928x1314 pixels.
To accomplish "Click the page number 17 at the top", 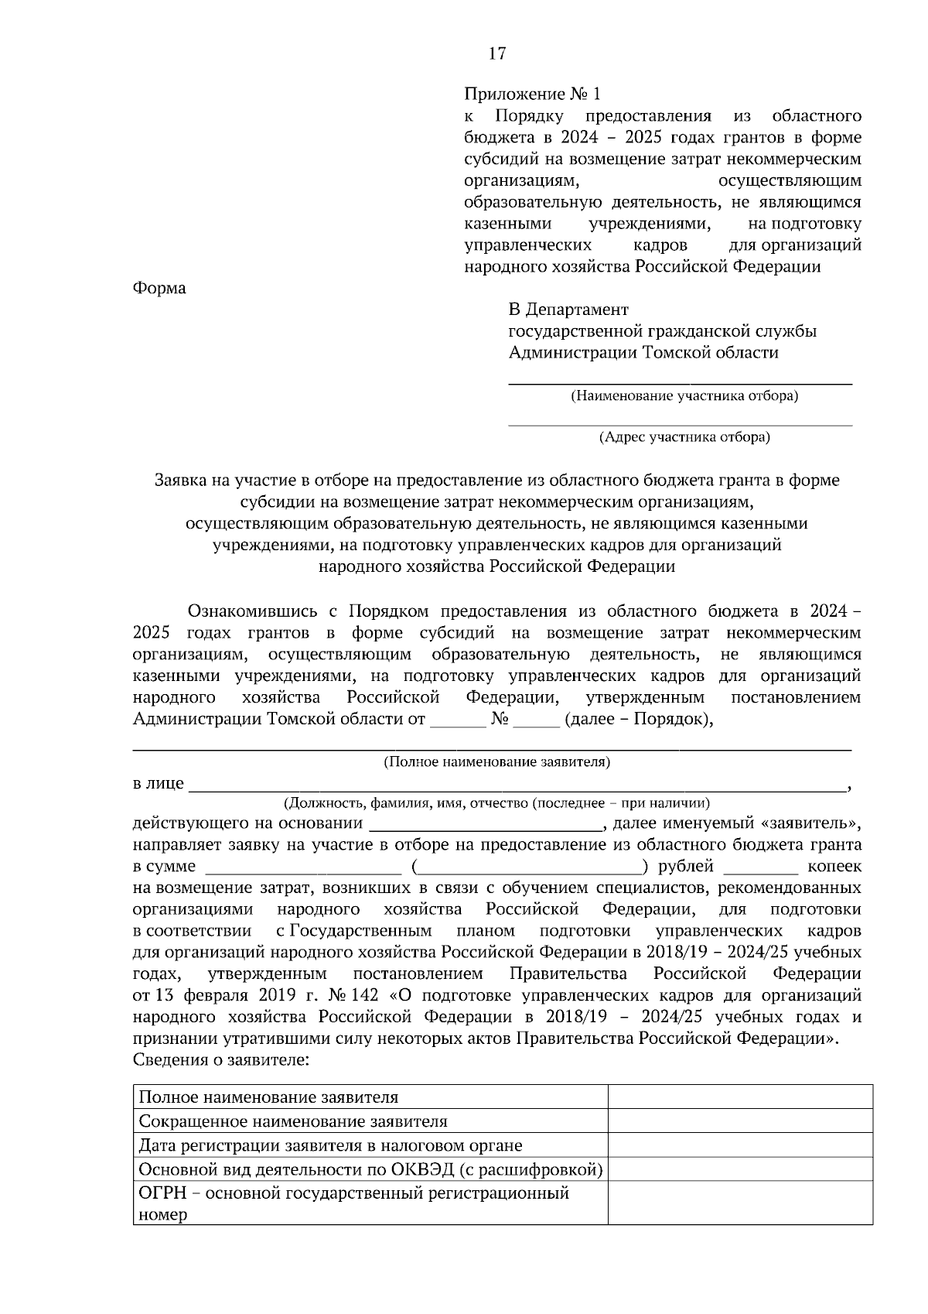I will [x=496, y=53].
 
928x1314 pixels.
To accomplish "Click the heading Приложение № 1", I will [x=531, y=94].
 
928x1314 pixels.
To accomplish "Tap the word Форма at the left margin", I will [x=159, y=288].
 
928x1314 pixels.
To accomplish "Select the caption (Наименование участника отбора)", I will [x=684, y=396].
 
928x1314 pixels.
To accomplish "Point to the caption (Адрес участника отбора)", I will [x=684, y=438].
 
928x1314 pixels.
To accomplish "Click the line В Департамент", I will [x=568, y=310].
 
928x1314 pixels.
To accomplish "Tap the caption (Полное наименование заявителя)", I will [x=496, y=762].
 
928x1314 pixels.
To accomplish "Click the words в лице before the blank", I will [x=158, y=783].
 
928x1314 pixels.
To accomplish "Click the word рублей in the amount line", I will [x=685, y=866].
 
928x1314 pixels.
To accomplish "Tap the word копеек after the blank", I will [x=834, y=866].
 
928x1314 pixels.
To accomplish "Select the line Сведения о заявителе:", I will [x=221, y=1059].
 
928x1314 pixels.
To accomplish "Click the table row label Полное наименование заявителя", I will [x=268, y=1097].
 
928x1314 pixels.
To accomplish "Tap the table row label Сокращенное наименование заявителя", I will [x=292, y=1121].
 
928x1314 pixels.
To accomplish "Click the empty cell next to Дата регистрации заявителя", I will [x=739, y=1145].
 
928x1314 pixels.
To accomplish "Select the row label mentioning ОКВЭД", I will [x=370, y=1169].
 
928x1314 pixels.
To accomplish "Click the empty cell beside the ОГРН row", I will [x=739, y=1203].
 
